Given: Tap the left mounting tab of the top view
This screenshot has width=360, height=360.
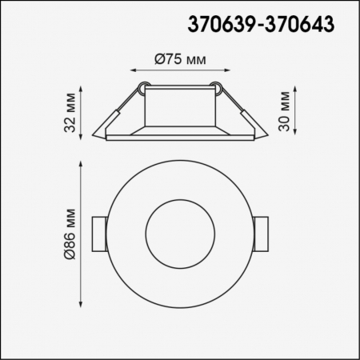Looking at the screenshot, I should (98, 233).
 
